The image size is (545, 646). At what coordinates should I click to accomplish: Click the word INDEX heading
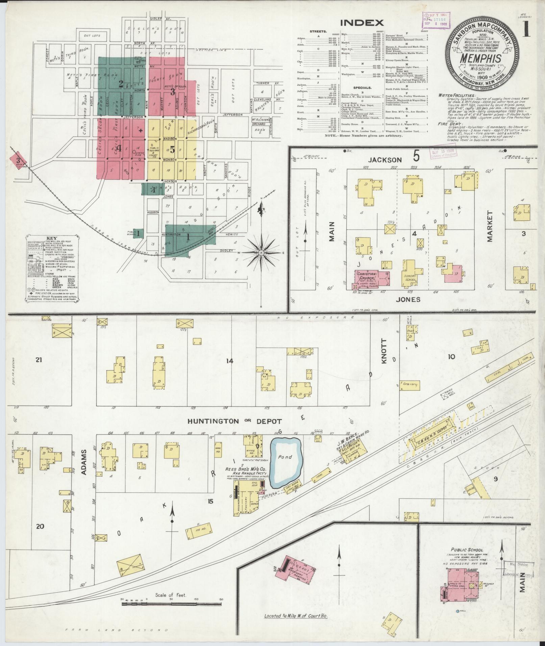[x=362, y=23]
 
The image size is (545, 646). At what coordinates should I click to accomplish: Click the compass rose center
[x=261, y=252]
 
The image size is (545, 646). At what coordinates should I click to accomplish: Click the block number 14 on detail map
[x=229, y=361]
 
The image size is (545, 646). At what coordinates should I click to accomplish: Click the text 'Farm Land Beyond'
[x=116, y=630]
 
